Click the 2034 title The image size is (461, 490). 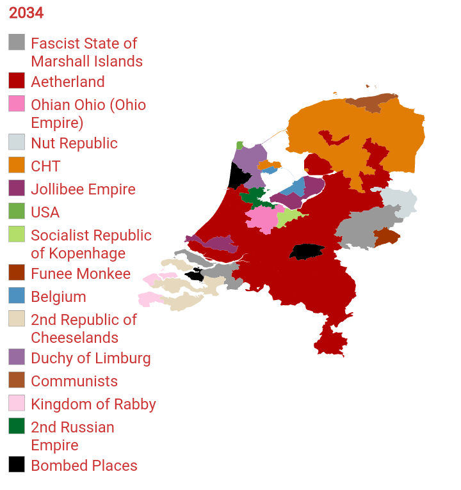pos(26,13)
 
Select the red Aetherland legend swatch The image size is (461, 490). pos(17,81)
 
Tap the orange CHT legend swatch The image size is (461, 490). pos(17,165)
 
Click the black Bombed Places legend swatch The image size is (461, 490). pos(17,464)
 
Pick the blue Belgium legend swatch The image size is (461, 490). pos(17,296)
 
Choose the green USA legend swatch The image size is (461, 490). pos(17,211)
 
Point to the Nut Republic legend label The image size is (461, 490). pos(74,143)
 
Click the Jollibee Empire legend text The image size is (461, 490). pos(83,189)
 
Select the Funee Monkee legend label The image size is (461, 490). pos(80,274)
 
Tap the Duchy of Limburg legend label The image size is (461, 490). pos(90,358)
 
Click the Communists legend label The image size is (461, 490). pos(74,381)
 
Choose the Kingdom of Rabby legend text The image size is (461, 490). pos(93,404)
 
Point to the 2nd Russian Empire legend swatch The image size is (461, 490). pos(17,426)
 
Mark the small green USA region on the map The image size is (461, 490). pos(239,145)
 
